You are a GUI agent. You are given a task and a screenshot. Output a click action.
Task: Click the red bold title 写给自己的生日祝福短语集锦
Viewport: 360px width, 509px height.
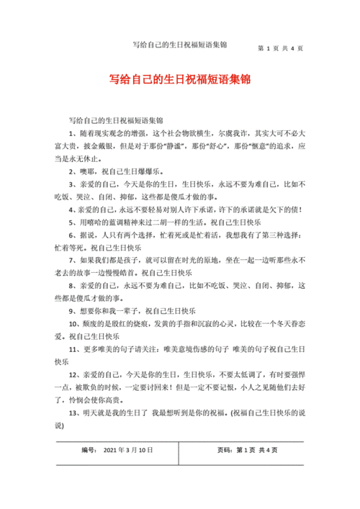tap(179, 78)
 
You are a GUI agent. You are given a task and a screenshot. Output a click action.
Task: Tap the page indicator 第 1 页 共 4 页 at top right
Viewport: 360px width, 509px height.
tap(280, 48)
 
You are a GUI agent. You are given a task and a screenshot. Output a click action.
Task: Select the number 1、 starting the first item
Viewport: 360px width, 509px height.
tap(73, 134)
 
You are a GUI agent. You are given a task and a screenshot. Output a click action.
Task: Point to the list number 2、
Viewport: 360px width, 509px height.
tap(73, 172)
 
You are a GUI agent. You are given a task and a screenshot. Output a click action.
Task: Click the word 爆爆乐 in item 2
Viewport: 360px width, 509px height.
tap(150, 172)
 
